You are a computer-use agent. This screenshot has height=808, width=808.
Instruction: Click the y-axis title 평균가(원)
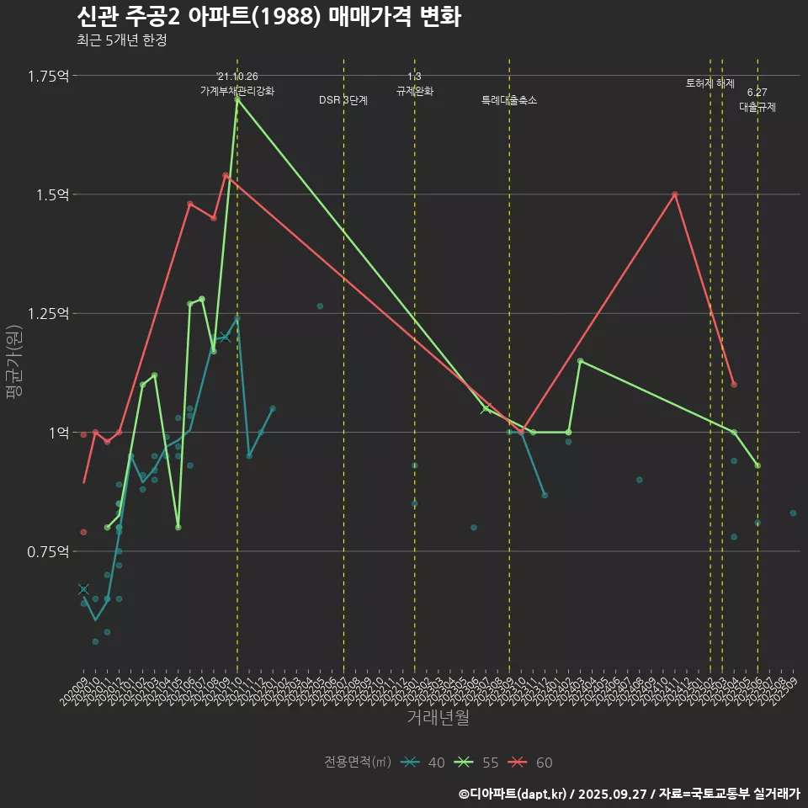[x=14, y=359]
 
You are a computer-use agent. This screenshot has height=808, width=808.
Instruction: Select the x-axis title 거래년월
[x=438, y=717]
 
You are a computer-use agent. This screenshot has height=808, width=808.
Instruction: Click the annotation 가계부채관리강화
[x=237, y=91]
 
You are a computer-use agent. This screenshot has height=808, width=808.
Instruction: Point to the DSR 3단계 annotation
[x=343, y=100]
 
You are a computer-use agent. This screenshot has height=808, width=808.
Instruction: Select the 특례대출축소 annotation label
[x=509, y=100]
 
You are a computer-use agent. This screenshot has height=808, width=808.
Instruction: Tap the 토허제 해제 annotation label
[x=710, y=83]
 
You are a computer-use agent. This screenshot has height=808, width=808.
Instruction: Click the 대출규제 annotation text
[x=757, y=107]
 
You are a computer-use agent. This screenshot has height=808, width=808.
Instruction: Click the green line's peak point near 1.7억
[x=237, y=98]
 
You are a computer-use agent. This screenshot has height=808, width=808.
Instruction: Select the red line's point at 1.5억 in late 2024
[x=675, y=194]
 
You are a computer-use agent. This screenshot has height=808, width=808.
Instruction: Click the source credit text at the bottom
[x=629, y=793]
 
